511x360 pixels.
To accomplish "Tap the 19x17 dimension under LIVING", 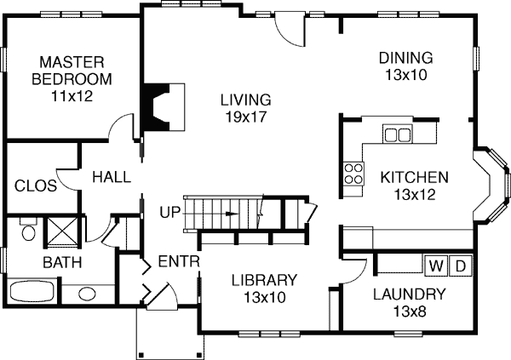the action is (x=246, y=117).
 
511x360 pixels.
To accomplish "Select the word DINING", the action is (x=405, y=58).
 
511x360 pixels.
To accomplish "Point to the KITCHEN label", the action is (x=414, y=178).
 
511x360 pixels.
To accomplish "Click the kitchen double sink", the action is (x=397, y=134).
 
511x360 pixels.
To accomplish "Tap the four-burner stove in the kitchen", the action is (x=353, y=174).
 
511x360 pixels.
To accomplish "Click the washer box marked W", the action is (x=436, y=266).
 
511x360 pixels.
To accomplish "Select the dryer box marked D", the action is (x=460, y=266).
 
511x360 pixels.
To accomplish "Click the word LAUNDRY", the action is (x=409, y=294).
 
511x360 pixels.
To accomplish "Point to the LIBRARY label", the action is (x=264, y=280).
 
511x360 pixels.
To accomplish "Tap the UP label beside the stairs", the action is (x=169, y=213).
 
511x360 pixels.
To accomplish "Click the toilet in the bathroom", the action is (x=29, y=229).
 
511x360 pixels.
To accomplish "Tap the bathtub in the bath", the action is (x=32, y=291).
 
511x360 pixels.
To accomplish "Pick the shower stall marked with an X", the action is (x=62, y=231).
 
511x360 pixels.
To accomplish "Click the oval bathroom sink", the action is (x=87, y=294).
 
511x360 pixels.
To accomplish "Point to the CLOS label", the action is (x=36, y=186).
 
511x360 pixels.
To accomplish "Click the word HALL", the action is (x=112, y=177).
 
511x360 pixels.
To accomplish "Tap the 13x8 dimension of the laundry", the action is (x=410, y=311).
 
